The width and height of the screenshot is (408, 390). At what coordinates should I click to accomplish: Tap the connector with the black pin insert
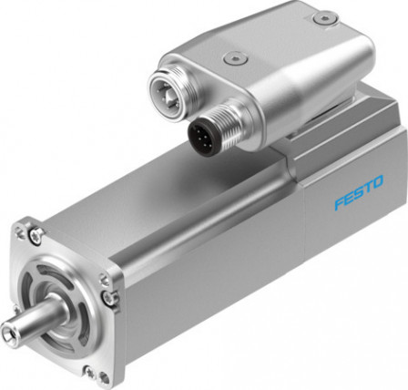coord(209,135)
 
